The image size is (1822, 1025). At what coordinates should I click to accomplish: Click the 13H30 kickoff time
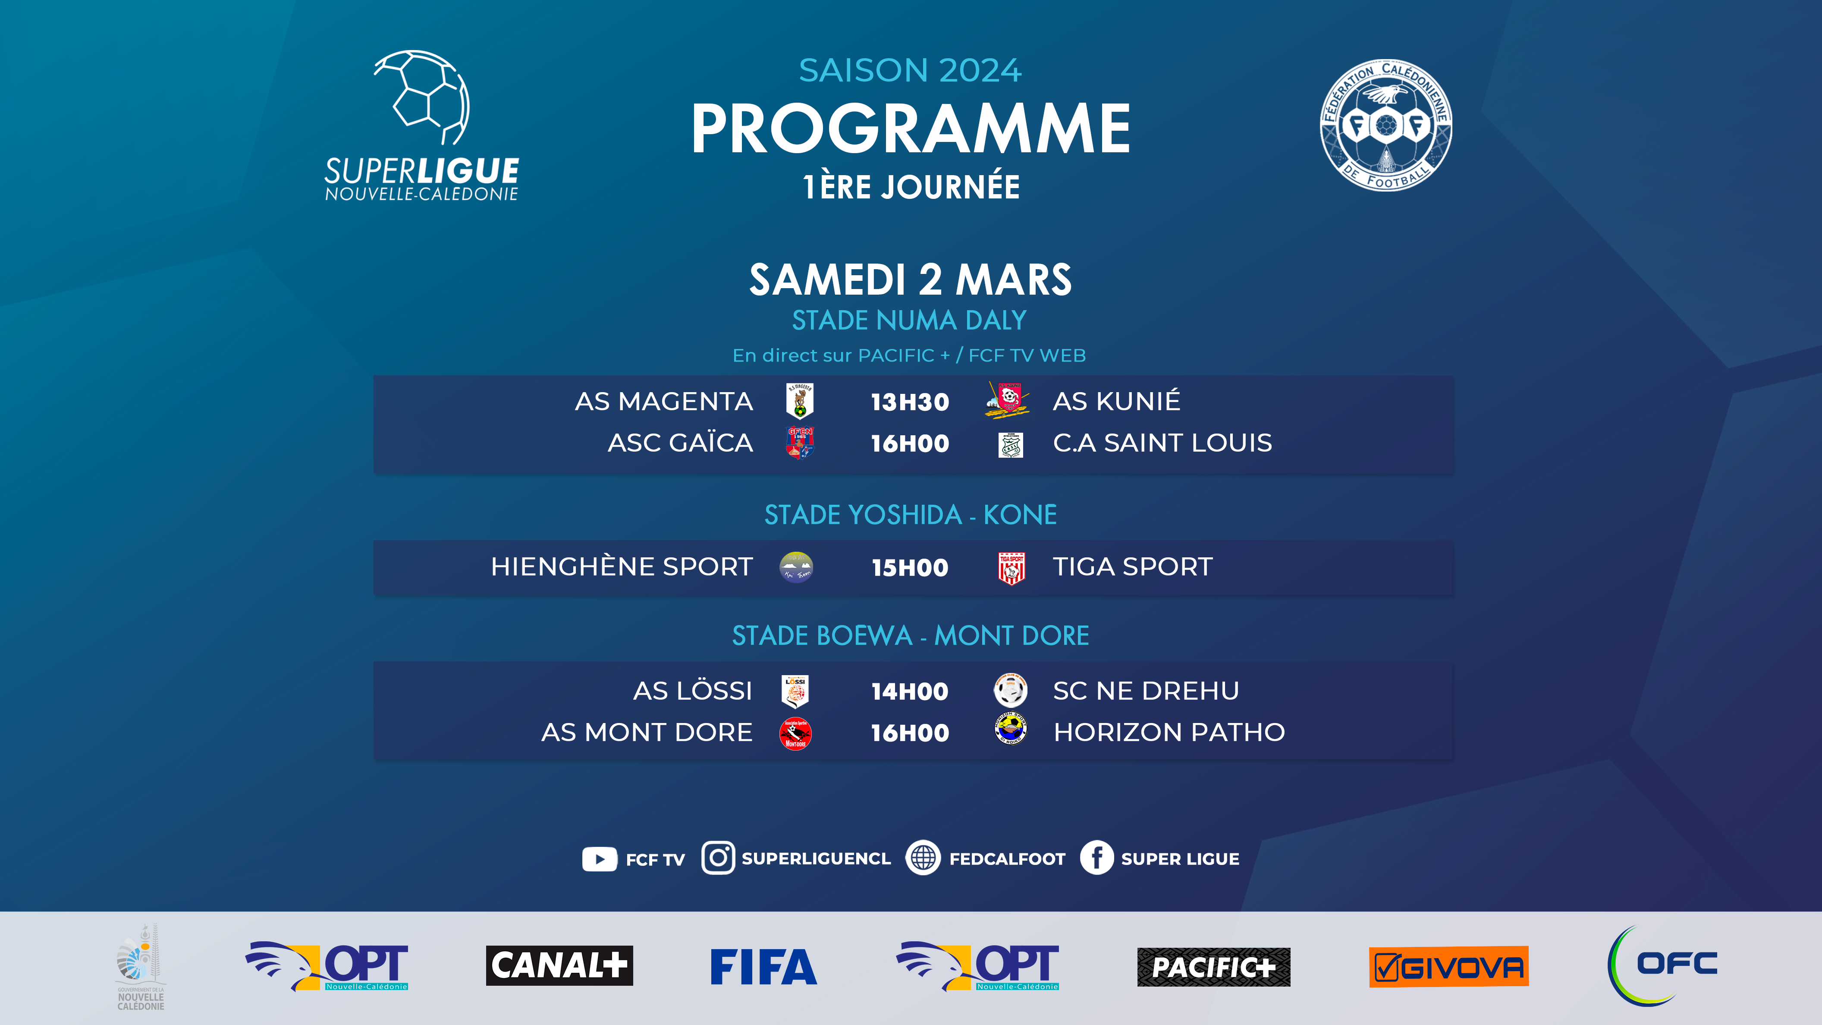pyautogui.click(x=910, y=402)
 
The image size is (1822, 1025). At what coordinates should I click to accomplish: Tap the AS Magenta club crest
pyautogui.click(x=799, y=401)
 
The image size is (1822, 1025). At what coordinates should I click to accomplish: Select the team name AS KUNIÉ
pyautogui.click(x=1116, y=401)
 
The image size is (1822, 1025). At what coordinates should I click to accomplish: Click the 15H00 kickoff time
pyautogui.click(x=910, y=567)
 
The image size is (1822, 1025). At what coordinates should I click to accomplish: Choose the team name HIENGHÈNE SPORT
pyautogui.click(x=622, y=566)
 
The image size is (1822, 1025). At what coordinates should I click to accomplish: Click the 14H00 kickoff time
pyautogui.click(x=910, y=691)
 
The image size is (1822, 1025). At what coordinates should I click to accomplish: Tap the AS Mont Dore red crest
pyautogui.click(x=796, y=733)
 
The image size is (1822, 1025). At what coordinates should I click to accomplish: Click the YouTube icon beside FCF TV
pyautogui.click(x=599, y=859)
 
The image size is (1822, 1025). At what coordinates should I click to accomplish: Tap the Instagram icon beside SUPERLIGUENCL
pyautogui.click(x=718, y=858)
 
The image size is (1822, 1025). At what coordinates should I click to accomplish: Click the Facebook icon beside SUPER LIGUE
pyautogui.click(x=1096, y=858)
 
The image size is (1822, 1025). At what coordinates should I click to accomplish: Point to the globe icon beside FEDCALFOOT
pyautogui.click(x=923, y=858)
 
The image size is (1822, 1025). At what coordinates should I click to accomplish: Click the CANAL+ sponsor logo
pyautogui.click(x=559, y=965)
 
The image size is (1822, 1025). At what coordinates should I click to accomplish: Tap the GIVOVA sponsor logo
pyautogui.click(x=1448, y=966)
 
